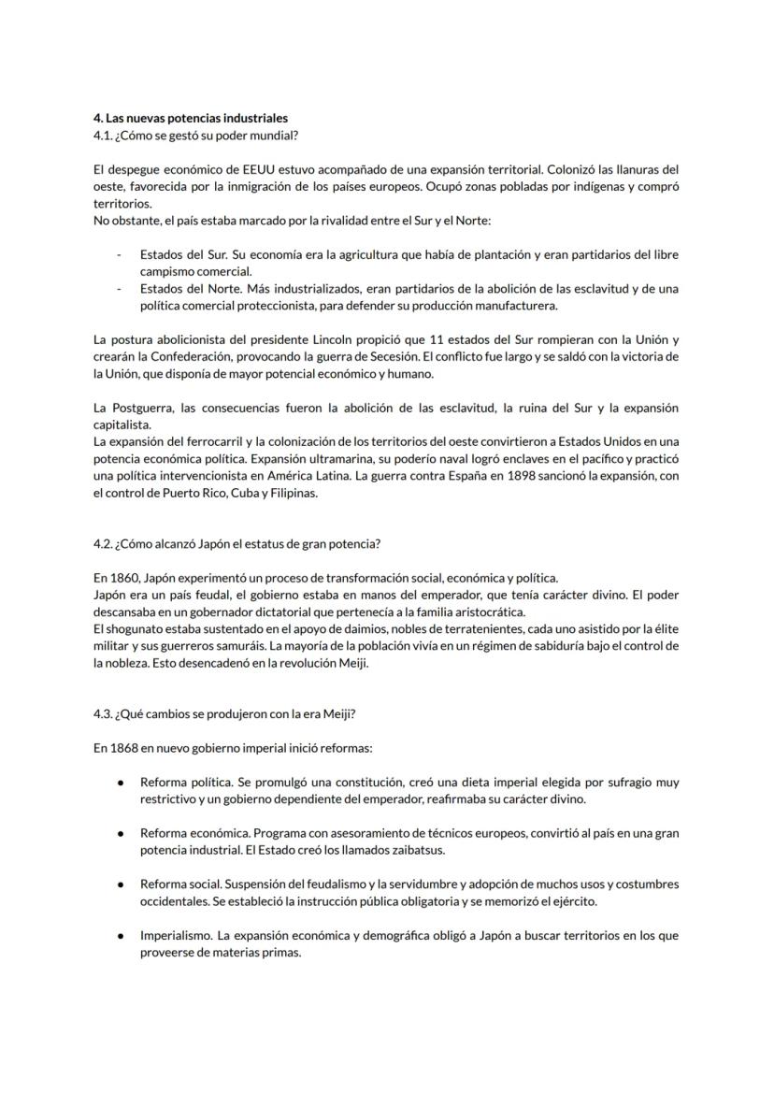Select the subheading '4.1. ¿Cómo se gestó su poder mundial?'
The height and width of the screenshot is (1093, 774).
coord(195,136)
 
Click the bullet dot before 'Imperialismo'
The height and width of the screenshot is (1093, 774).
coord(121,935)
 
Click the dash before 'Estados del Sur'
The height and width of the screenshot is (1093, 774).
coord(119,254)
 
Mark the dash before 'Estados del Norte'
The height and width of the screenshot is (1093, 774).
coord(119,289)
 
